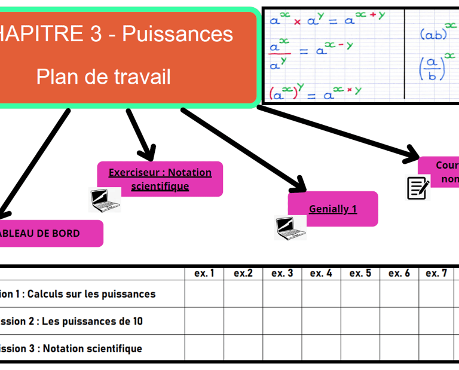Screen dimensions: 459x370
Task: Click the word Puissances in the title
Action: point(178,34)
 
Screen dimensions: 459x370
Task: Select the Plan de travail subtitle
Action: point(103,77)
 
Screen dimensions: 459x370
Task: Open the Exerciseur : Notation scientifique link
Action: point(160,179)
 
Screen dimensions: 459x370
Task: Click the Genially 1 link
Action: point(333,209)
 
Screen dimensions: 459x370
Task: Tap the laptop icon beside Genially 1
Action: point(290,227)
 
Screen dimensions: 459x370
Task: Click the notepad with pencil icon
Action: point(418,188)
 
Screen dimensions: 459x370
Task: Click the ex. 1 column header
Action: point(204,273)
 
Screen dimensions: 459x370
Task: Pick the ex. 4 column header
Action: point(321,273)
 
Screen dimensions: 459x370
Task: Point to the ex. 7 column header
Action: point(436,273)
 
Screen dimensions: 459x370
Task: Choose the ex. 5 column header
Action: point(360,273)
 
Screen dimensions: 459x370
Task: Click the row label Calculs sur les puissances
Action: point(84,293)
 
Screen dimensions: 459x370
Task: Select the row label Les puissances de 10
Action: point(78,321)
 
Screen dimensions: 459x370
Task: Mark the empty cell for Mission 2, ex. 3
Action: point(282,321)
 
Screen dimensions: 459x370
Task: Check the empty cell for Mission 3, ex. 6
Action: point(399,348)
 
